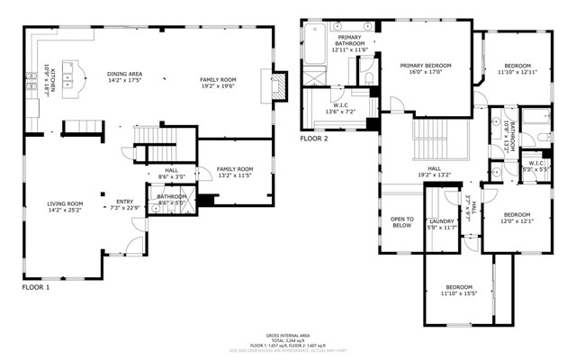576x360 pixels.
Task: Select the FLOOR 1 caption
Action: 36,287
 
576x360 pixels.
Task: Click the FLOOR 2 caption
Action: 314,139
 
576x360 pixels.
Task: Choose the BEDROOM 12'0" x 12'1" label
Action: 517,218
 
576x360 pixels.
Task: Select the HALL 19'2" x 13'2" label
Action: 434,171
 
